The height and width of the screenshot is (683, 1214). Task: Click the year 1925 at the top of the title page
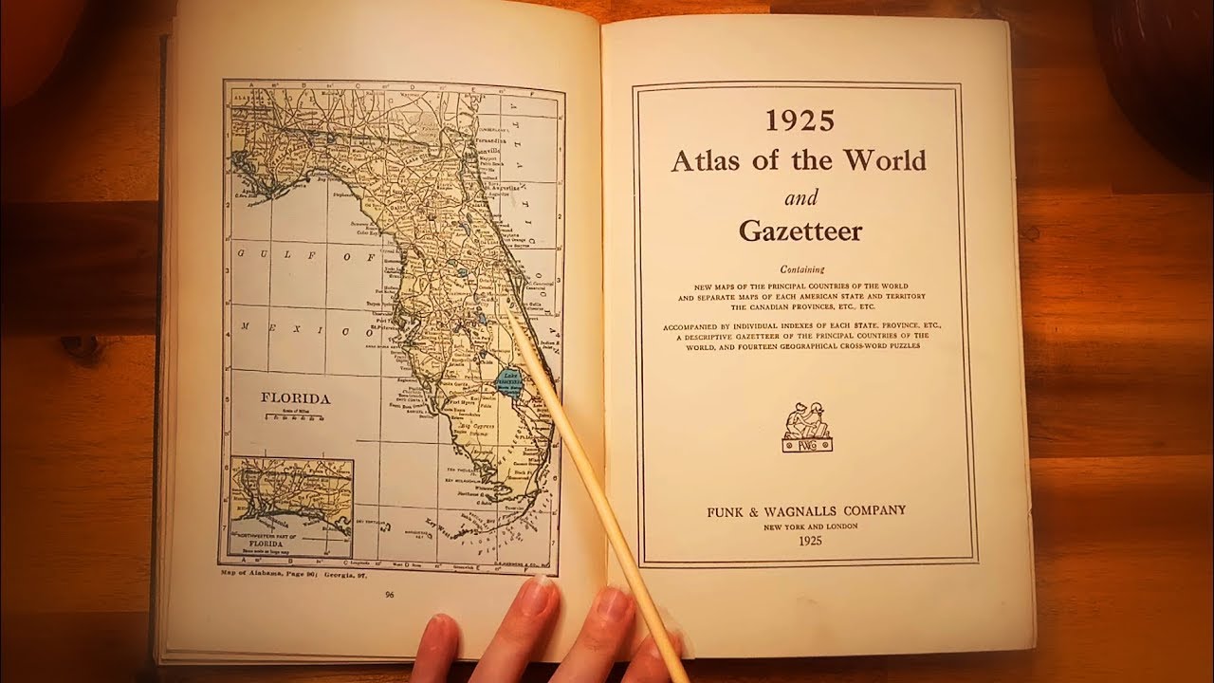point(800,121)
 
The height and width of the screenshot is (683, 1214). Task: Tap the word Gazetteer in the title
point(800,231)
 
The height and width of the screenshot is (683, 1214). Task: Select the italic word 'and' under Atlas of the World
point(800,198)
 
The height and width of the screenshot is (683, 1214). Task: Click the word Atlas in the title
point(706,160)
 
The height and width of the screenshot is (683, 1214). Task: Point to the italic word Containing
point(801,268)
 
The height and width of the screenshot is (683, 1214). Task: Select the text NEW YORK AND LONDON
point(805,526)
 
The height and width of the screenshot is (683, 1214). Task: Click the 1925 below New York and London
point(805,542)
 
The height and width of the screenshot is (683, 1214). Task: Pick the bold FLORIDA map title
point(296,398)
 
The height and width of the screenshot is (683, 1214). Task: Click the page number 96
point(390,595)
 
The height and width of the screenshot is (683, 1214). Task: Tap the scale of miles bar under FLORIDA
point(296,417)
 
